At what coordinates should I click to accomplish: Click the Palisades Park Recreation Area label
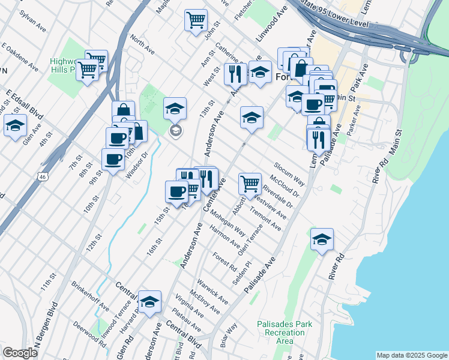click(x=285, y=332)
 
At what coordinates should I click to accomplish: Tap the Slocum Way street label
click(x=290, y=172)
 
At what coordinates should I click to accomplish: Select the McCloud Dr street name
click(x=285, y=187)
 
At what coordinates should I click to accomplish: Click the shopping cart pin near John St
click(x=196, y=20)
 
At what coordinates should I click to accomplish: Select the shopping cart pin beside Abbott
click(x=250, y=182)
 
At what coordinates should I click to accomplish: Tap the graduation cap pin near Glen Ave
click(x=15, y=125)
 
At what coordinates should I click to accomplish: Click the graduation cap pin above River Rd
click(x=322, y=239)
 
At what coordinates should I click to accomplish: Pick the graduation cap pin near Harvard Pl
click(x=149, y=301)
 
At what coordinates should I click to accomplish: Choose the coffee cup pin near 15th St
click(x=176, y=191)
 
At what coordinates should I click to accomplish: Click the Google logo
click(x=20, y=353)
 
